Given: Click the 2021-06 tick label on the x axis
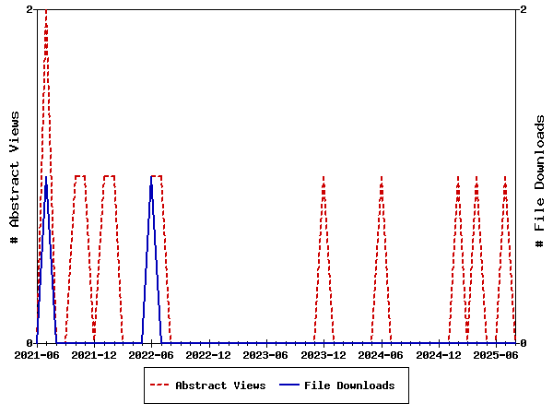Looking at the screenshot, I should point(37,354).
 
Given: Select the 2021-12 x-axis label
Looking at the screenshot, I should point(94,354).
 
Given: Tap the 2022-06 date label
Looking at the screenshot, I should point(152,354).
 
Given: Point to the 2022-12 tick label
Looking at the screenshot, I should point(209,354).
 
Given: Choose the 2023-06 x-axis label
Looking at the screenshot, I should point(266,354).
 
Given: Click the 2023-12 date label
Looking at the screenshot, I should point(324,354).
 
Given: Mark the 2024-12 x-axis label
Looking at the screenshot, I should point(439,354).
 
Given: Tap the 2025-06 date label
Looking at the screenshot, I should point(496,354).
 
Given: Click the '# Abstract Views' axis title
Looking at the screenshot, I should point(15,176).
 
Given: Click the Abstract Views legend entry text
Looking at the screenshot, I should point(220,385).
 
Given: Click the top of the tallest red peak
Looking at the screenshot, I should point(46,10).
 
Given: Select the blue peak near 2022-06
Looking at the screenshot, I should point(152,177).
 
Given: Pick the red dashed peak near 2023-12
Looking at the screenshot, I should point(324,176).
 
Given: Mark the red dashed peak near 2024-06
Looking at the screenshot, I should point(382,176).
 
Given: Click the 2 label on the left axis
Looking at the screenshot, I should point(29,9).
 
